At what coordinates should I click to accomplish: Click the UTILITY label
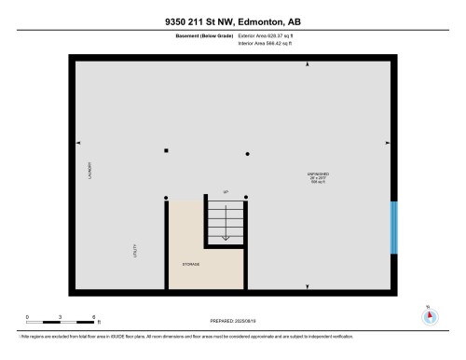[x=133, y=251]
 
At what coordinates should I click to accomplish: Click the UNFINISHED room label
[x=317, y=173]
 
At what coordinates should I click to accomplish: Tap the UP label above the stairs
[x=225, y=193]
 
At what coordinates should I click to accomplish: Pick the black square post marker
[x=166, y=150]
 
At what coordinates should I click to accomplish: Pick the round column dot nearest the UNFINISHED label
[x=247, y=153]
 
